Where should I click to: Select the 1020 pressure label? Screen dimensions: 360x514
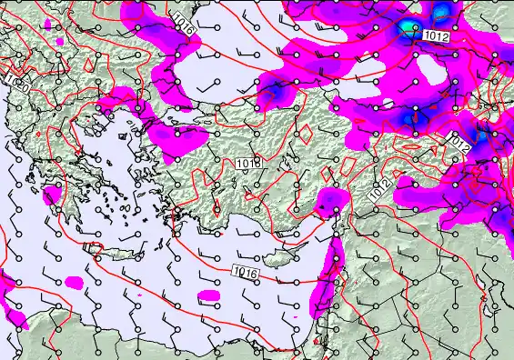point(15,81)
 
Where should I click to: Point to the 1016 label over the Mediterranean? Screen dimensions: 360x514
point(244,271)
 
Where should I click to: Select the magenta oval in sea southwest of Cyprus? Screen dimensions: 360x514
point(210,295)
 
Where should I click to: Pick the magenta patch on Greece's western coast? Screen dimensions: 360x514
point(53,194)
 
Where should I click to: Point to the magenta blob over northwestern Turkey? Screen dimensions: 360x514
point(177,136)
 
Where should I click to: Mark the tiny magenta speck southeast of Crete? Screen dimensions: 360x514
point(138,295)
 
